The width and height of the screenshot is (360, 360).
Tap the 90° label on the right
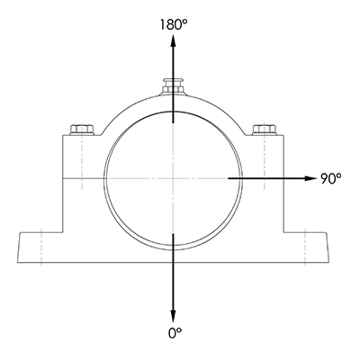330,178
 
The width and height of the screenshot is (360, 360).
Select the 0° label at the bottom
174,332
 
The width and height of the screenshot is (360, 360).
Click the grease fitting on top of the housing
173,85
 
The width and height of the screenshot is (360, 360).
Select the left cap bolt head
80,130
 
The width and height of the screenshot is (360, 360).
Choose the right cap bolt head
265,130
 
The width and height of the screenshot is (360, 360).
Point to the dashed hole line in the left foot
40,248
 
